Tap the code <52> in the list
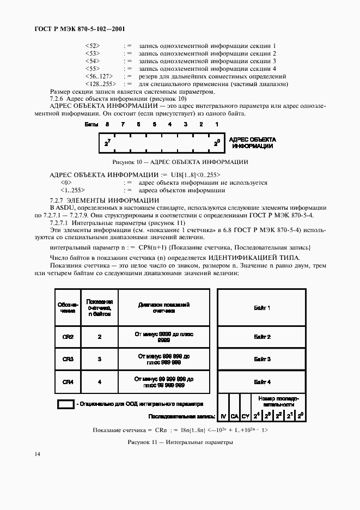pyautogui.click(x=93, y=45)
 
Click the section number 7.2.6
pyautogui.click(x=57, y=99)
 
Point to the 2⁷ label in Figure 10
pyautogui.click(x=107, y=143)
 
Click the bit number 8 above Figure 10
pyautogui.click(x=107, y=125)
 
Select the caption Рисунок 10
pyautogui.click(x=180, y=162)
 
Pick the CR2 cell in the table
pyautogui.click(x=68, y=337)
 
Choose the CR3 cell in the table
pyautogui.click(x=68, y=359)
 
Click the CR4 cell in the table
pyautogui.click(x=68, y=381)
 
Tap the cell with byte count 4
pyautogui.click(x=100, y=381)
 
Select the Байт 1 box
pyautogui.click(x=262, y=308)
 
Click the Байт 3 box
pyautogui.click(x=262, y=359)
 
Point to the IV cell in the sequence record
pyautogui.click(x=223, y=416)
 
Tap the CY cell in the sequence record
pyautogui.click(x=246, y=416)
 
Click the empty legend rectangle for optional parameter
pyautogui.click(x=66, y=404)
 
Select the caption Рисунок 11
pyautogui.click(x=180, y=442)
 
